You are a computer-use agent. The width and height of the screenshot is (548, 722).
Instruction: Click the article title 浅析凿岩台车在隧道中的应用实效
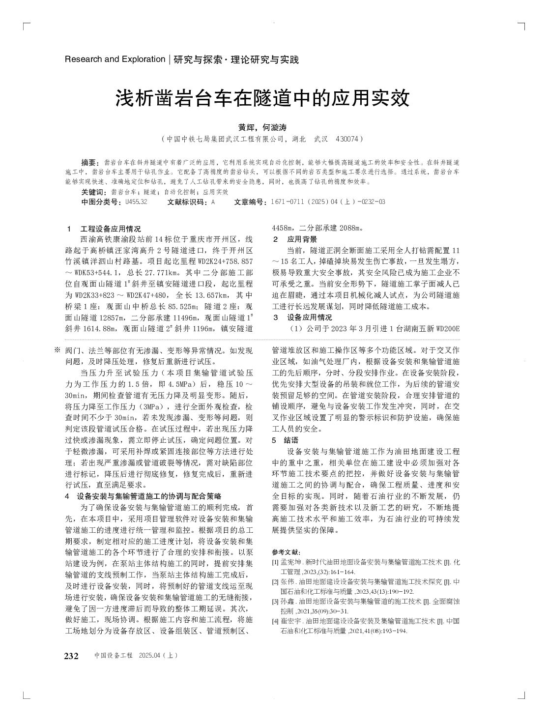coord(262,98)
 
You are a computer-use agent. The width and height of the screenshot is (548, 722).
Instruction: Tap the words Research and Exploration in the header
coord(115,59)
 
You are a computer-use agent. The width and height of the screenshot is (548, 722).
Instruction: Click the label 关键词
coord(93,192)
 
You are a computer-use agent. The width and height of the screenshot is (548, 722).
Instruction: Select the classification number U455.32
coord(136,202)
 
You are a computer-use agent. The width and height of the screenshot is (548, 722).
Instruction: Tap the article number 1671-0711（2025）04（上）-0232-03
coord(325,202)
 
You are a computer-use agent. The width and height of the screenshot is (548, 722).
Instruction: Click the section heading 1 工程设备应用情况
coord(104,229)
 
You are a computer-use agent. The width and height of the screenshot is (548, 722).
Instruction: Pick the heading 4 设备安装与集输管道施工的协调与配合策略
coord(143,496)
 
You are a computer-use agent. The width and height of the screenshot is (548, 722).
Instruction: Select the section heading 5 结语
coord(286,440)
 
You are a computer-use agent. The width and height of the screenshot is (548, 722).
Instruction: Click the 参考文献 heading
coord(288,552)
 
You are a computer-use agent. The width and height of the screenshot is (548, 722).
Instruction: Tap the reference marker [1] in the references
coord(275,562)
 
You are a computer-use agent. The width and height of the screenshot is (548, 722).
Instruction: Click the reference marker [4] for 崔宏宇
coord(275,621)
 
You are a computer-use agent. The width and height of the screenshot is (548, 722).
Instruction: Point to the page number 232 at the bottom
coord(72,656)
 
